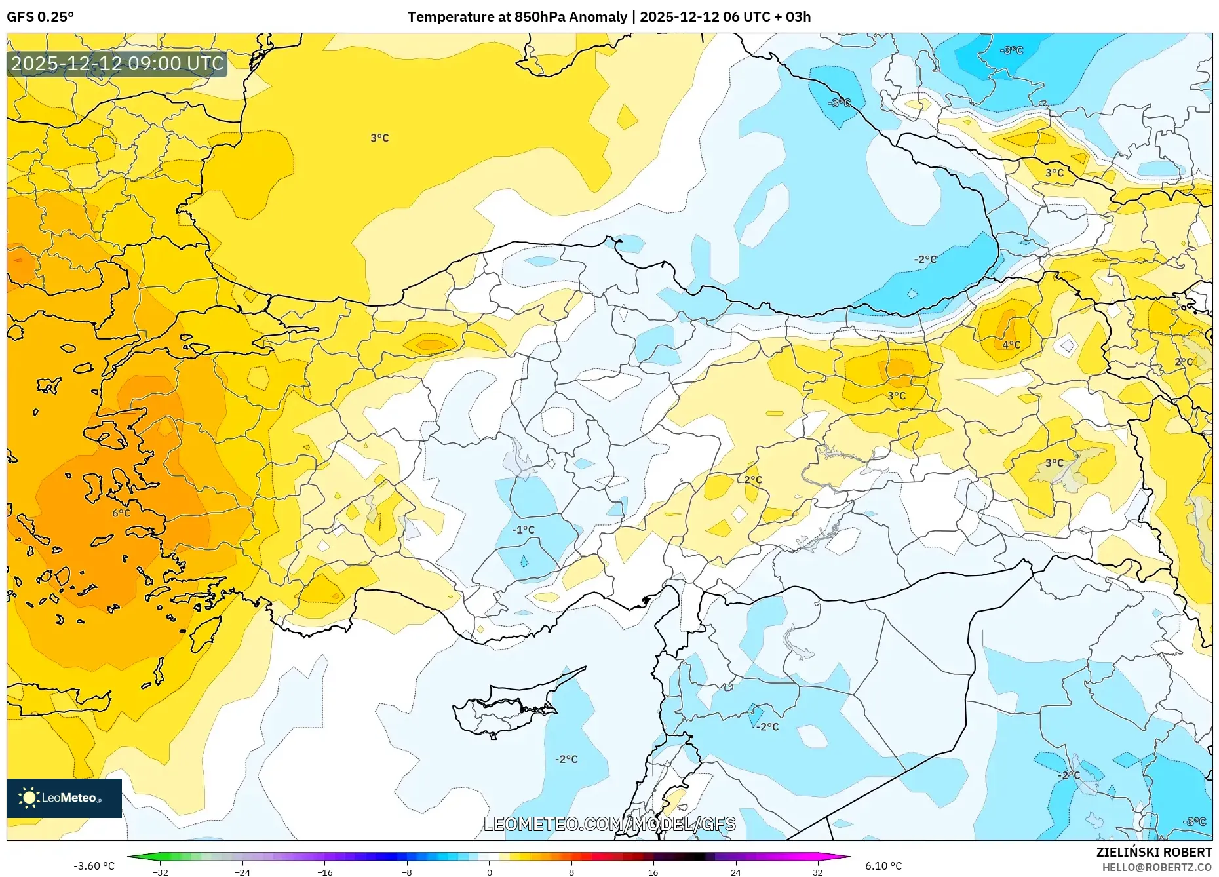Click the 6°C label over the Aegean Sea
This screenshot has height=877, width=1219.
(121, 513)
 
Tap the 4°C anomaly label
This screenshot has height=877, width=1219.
(1011, 345)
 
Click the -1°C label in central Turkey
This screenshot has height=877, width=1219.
(523, 530)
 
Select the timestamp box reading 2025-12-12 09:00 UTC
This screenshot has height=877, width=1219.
(117, 64)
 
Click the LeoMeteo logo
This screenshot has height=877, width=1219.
(64, 798)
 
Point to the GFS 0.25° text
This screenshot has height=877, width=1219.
(41, 17)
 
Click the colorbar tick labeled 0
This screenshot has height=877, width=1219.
(489, 872)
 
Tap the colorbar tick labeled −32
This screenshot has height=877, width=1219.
(160, 872)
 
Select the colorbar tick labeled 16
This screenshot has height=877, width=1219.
(653, 872)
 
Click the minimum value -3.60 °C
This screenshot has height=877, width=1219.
(94, 866)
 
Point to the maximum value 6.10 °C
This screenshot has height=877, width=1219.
(883, 866)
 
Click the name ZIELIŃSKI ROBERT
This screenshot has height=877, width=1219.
(1154, 852)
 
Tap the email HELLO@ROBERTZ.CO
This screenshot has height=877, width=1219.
(1157, 867)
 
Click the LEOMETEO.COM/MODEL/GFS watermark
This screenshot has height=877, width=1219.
(609, 824)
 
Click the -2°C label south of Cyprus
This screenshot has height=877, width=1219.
(566, 759)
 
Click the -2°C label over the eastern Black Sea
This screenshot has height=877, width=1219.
(925, 260)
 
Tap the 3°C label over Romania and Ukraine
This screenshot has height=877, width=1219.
(379, 138)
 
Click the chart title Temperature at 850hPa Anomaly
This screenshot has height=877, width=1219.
(517, 17)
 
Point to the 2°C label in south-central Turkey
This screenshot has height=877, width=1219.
(753, 480)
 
